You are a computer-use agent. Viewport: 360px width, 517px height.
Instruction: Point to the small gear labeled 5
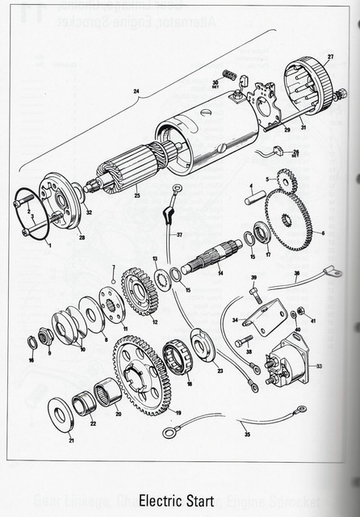tap(285, 181)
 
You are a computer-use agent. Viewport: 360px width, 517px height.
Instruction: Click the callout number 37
tap(179, 235)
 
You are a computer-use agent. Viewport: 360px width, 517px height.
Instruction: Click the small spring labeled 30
tap(229, 78)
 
